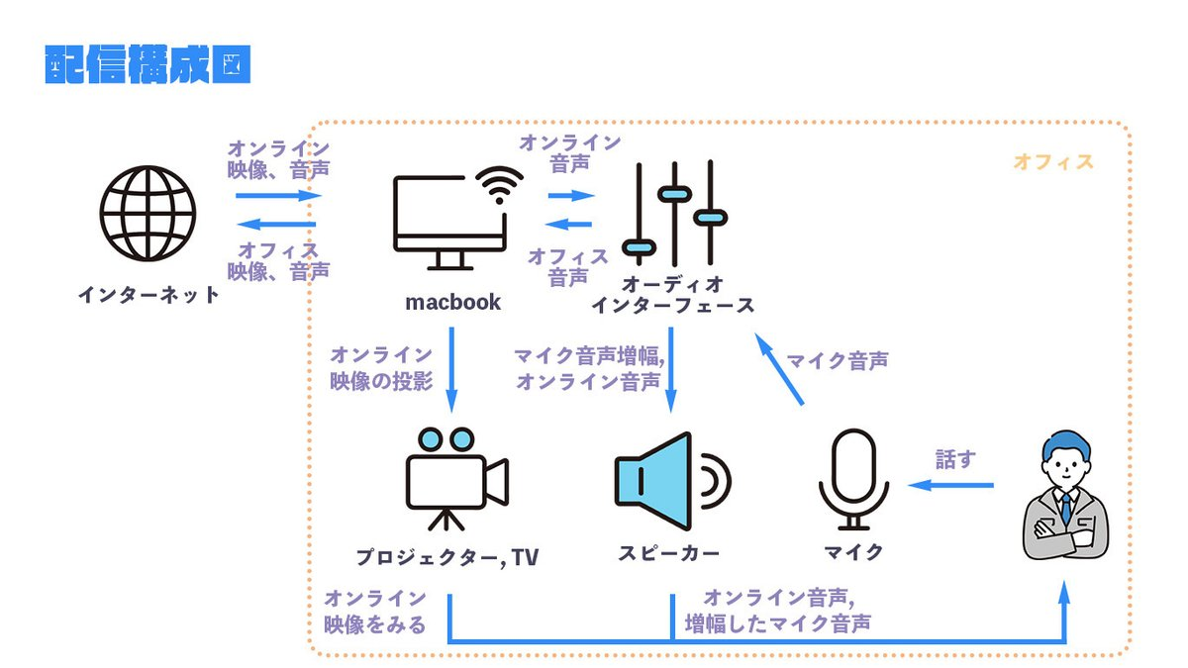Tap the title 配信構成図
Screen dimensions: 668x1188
click(148, 64)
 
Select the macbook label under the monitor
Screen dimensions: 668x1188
click(453, 302)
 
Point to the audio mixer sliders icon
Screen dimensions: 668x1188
click(673, 210)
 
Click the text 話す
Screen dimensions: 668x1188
click(955, 459)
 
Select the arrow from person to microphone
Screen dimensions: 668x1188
click(950, 485)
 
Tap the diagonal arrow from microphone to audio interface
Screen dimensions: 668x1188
click(779, 370)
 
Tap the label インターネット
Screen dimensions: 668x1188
click(149, 294)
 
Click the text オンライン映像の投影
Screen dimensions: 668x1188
click(382, 368)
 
